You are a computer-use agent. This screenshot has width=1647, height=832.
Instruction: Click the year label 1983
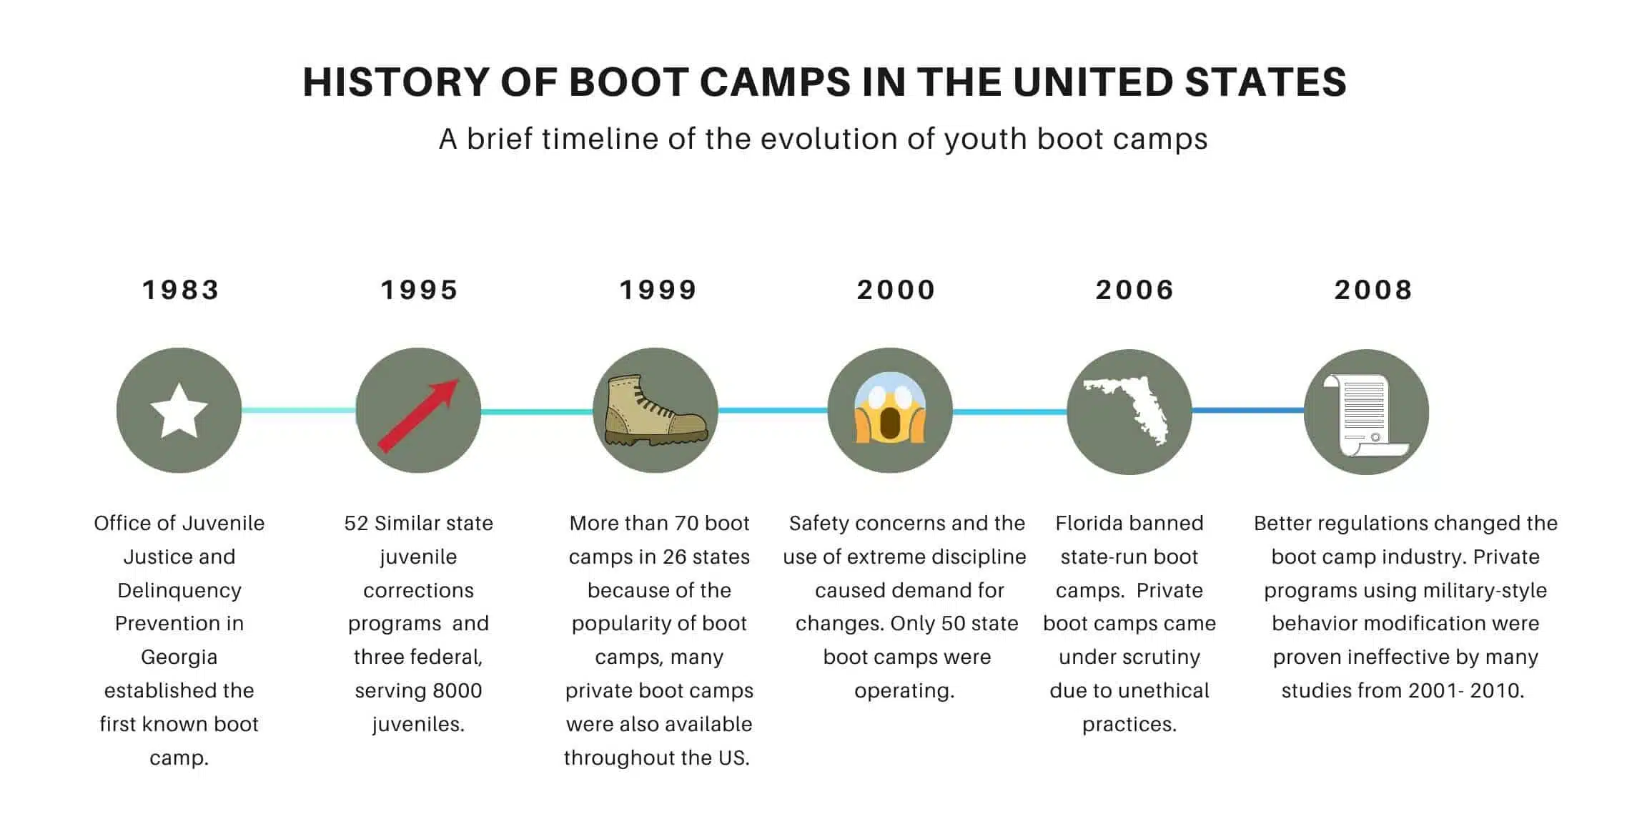tap(180, 290)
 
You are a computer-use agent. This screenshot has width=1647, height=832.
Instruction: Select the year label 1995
tap(419, 290)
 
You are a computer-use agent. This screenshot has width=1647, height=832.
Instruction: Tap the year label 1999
tap(658, 290)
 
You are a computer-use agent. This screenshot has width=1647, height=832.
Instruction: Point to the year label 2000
tap(896, 290)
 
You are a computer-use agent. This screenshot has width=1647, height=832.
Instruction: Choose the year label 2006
tap(1135, 290)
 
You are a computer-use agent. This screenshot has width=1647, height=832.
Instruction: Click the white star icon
tap(179, 411)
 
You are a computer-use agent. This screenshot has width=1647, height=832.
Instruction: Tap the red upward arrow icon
tap(418, 416)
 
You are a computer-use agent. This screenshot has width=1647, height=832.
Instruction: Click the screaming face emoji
tap(890, 408)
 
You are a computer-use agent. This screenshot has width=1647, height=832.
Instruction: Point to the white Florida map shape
tap(1127, 411)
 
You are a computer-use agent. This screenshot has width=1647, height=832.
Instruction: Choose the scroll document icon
tap(1365, 416)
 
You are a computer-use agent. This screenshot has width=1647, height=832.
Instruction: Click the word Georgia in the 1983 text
tap(179, 657)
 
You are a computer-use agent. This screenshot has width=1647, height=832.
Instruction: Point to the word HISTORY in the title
tap(395, 82)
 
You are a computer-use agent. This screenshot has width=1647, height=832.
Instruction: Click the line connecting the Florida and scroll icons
tap(1247, 411)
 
